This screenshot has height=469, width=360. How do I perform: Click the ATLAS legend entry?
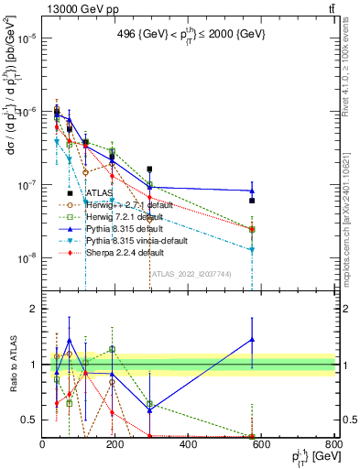click(x=99, y=193)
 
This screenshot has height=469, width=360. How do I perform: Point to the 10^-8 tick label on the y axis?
click(x=26, y=258)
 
